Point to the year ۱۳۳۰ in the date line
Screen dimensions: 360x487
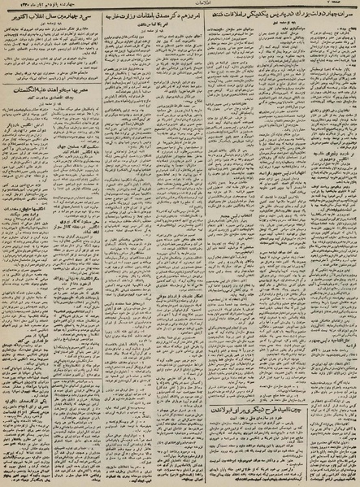click(x=19, y=6)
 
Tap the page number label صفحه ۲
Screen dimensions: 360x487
click(x=345, y=6)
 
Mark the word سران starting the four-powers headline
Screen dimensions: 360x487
click(x=348, y=15)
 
